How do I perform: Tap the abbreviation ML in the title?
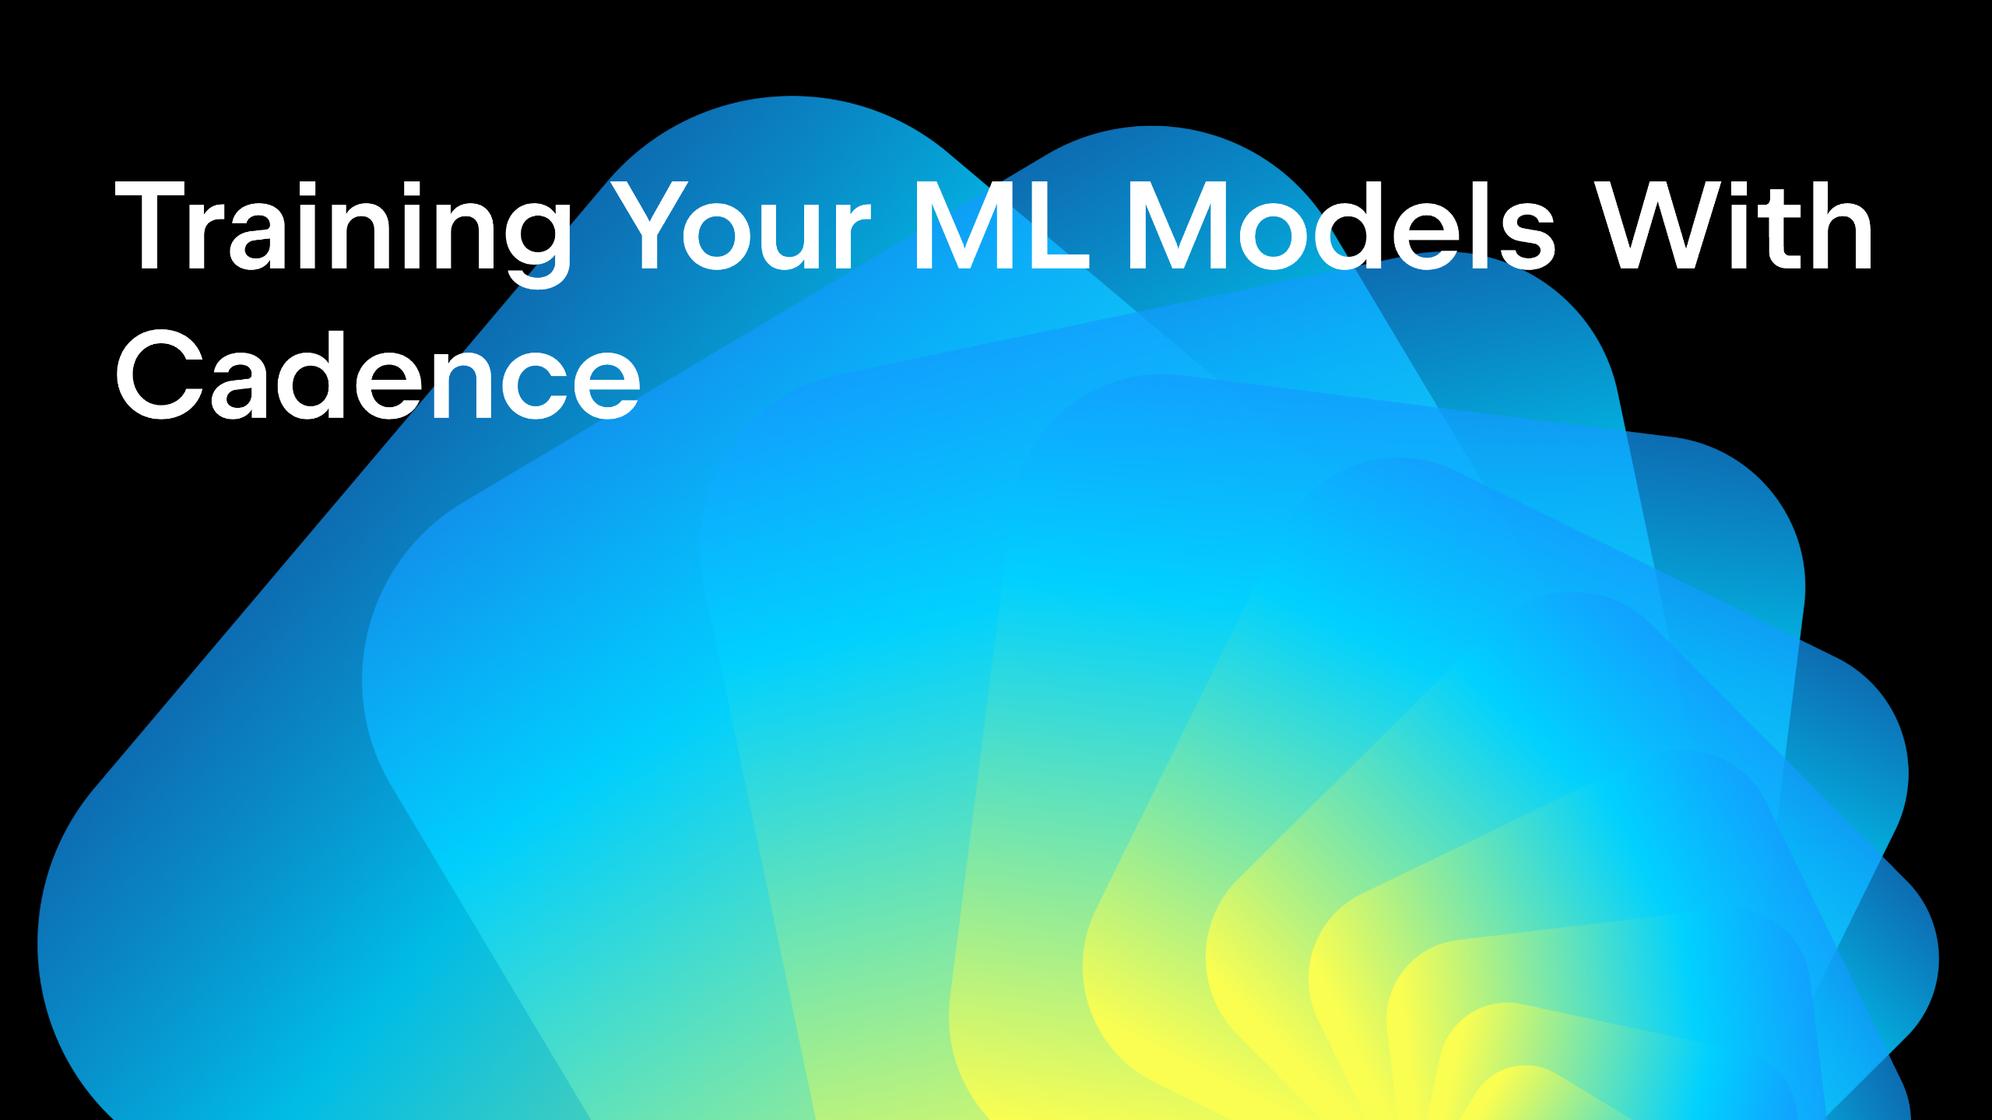click(1001, 225)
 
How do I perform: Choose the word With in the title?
click(1733, 225)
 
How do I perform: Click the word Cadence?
click(378, 374)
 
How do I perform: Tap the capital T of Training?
click(149, 225)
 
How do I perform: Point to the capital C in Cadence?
click(160, 374)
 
